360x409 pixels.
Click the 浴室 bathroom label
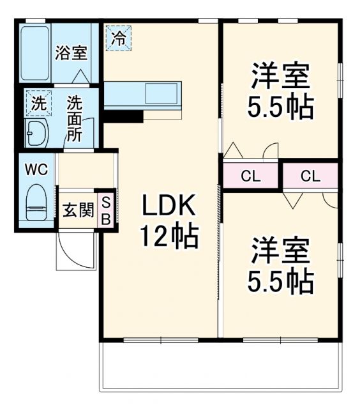(71, 52)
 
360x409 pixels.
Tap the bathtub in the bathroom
(36, 54)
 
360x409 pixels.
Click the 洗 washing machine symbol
(39, 102)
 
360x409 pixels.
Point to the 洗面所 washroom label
(75, 118)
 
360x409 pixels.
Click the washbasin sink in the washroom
(36, 132)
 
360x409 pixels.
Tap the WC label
(36, 169)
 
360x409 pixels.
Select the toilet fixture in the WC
(36, 202)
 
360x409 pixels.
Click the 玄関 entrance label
(77, 210)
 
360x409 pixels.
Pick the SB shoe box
(107, 210)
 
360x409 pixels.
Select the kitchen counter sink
(163, 95)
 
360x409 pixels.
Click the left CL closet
(250, 176)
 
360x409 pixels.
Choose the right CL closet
(310, 176)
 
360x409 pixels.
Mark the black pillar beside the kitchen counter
(123, 116)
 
